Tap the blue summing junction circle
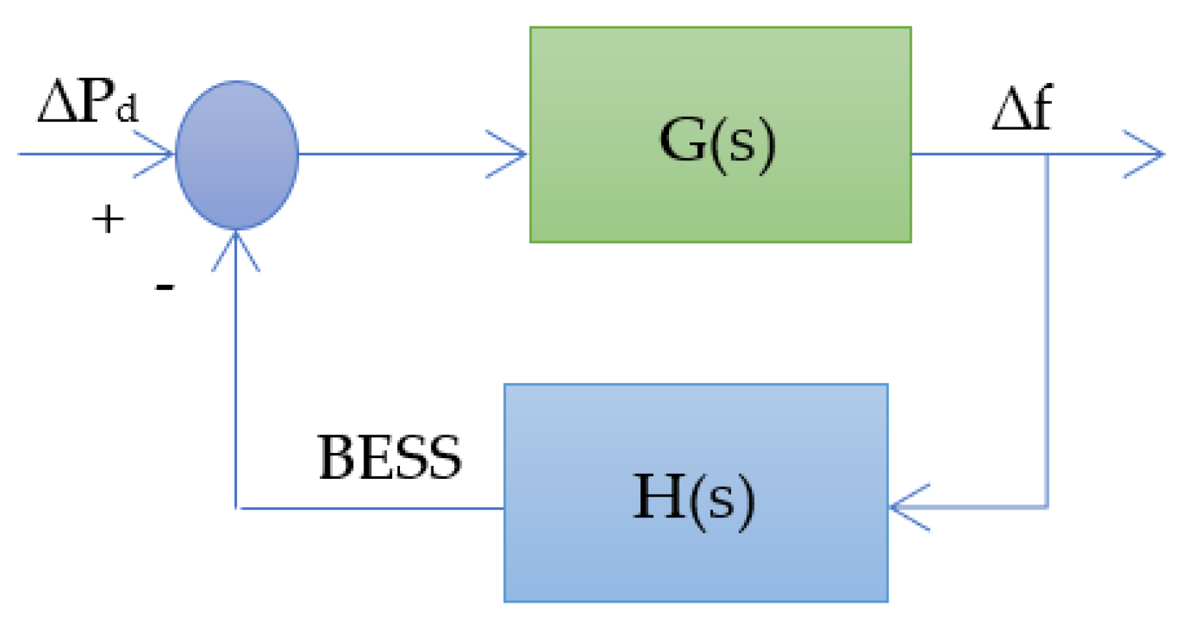pos(237,155)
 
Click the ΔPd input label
pos(87,102)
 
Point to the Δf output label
pos(1022,109)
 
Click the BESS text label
pos(390,457)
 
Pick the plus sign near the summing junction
pos(108,219)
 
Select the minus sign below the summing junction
pos(165,287)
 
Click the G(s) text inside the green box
pos(718,142)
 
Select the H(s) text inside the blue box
pos(694,499)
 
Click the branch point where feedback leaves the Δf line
pos(1047,154)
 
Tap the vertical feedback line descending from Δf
pos(1047,329)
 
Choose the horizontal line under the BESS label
pos(372,508)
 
